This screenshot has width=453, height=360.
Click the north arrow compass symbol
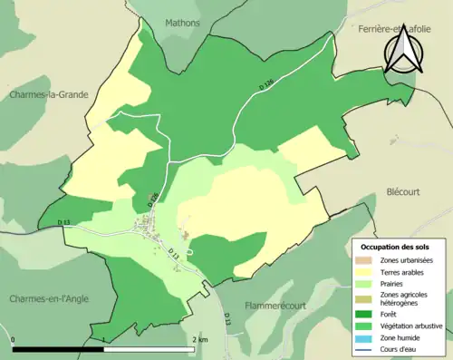pos(401,52)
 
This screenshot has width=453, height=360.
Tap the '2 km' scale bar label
pos(200,339)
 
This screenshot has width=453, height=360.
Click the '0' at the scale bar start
pos(14,339)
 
